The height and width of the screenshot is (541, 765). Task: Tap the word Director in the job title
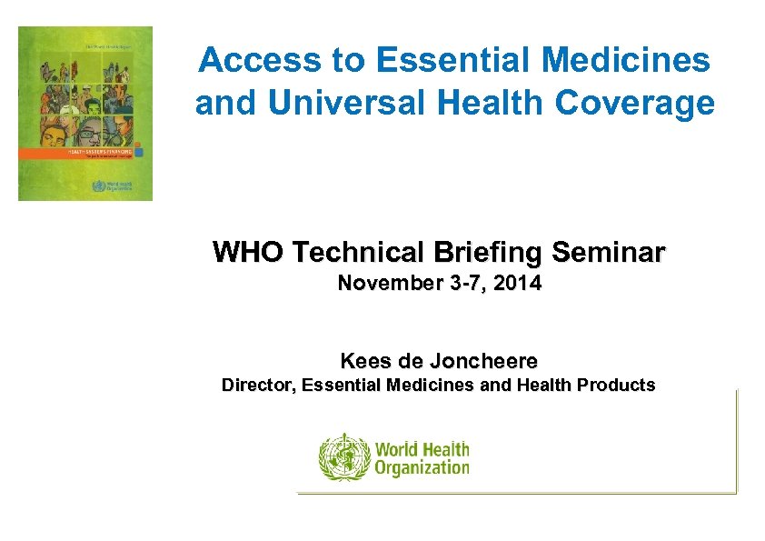click(258, 386)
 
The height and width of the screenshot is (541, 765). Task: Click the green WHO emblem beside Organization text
click(344, 457)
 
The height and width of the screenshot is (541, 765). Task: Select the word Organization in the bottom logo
click(422, 468)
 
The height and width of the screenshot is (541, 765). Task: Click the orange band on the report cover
click(84, 153)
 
